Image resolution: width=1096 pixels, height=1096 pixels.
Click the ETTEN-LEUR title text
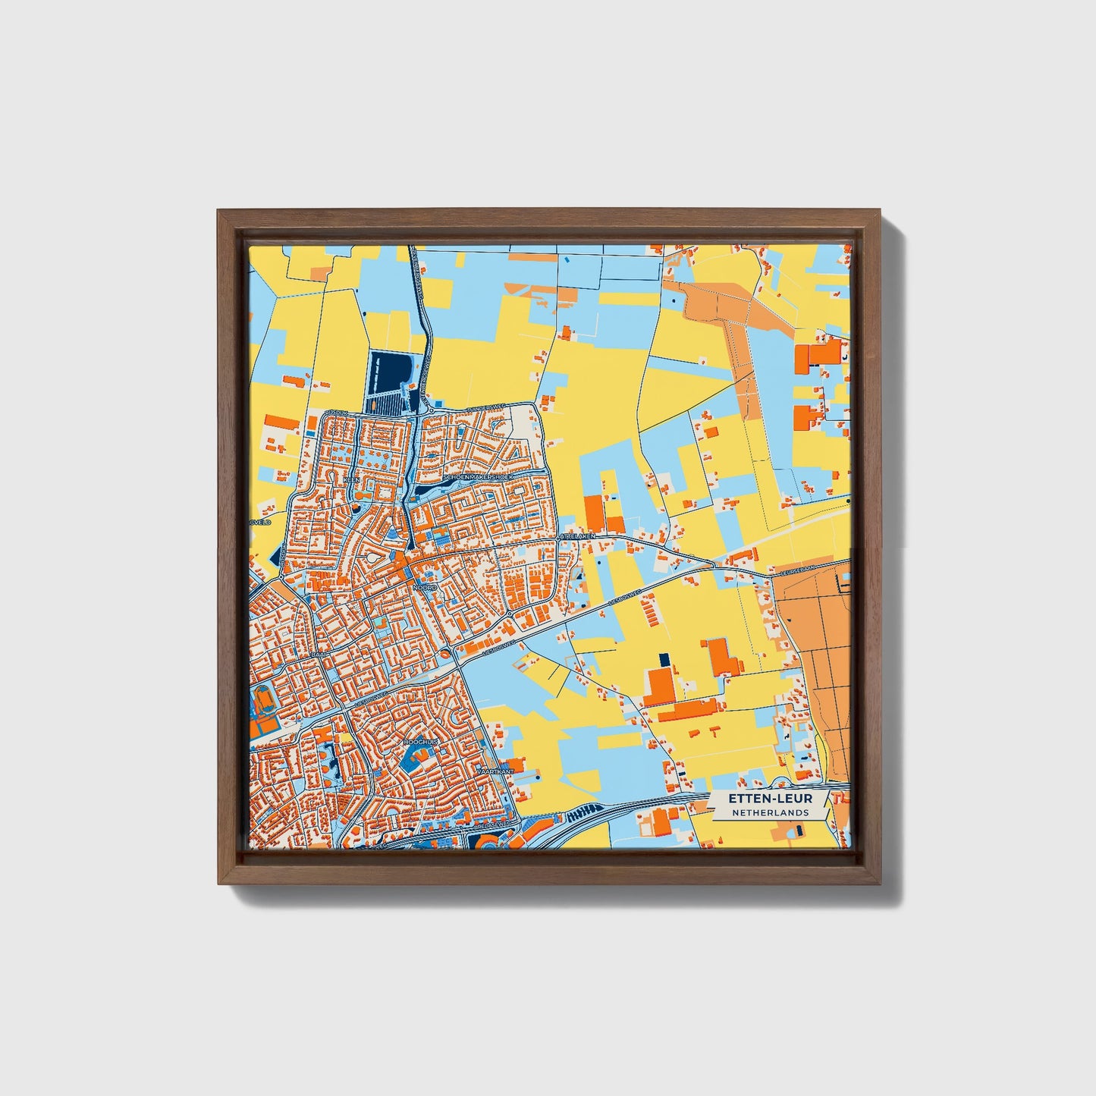coord(770,799)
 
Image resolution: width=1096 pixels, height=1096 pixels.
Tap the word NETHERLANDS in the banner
coord(770,812)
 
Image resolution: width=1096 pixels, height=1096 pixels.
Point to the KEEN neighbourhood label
coord(351,481)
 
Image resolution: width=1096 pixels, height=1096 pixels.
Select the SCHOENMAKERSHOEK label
coord(480,477)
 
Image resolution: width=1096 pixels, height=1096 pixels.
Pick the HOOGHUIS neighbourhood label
coord(422,741)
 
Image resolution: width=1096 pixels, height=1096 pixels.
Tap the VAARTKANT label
coord(495,771)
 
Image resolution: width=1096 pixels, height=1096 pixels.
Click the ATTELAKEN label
coord(579,536)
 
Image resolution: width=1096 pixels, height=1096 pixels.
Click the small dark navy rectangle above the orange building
coord(664,659)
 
